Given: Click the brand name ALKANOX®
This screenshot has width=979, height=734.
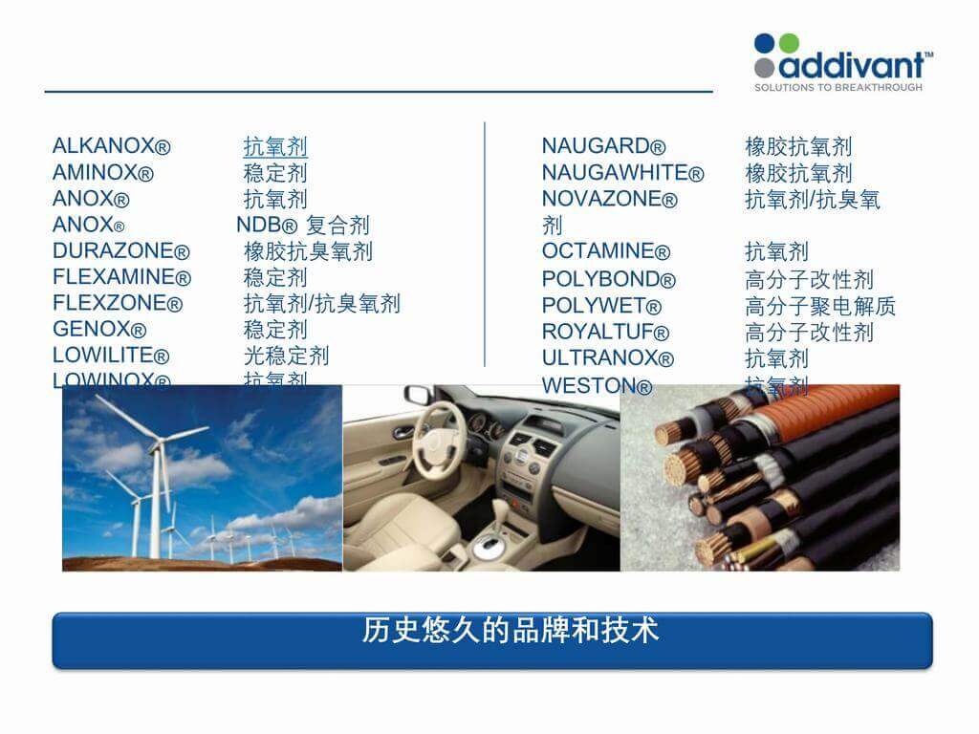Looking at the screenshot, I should (x=111, y=146).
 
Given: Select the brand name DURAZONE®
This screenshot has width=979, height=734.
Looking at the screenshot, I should (x=120, y=251).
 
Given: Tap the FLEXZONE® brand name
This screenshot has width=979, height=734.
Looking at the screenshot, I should (x=117, y=304).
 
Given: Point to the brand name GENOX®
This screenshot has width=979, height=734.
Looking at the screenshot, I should (x=99, y=330).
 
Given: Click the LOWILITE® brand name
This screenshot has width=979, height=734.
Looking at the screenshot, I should (x=111, y=356).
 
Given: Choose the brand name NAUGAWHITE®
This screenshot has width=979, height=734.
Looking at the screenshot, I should (x=622, y=173).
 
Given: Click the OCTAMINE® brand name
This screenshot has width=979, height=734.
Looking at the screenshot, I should (x=606, y=251).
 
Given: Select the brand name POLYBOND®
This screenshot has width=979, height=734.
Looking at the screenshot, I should (x=608, y=279).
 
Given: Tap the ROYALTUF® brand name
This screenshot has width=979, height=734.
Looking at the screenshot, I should (x=605, y=332).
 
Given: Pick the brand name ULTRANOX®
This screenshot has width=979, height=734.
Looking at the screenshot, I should (x=607, y=358).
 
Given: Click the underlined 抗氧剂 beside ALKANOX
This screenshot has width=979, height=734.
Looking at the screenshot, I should (x=275, y=147).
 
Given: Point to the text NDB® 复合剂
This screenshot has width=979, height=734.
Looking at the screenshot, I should (x=302, y=226).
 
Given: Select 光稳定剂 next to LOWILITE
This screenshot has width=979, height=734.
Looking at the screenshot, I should (x=286, y=356).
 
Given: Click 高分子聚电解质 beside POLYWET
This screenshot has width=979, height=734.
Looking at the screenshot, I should (x=820, y=307).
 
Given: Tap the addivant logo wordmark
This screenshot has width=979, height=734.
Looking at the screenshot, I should (x=853, y=64).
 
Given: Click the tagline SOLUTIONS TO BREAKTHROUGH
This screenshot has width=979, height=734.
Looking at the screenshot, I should (x=838, y=87).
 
